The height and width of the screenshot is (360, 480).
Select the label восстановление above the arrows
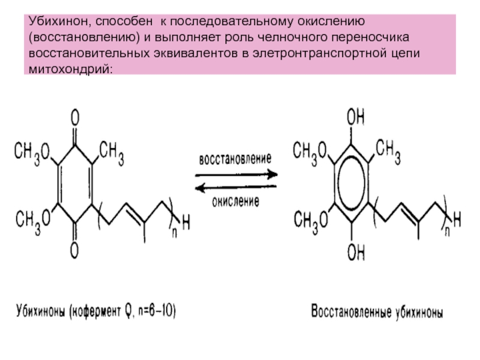tap(235, 160)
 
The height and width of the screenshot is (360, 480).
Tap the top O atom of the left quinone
tap(76, 115)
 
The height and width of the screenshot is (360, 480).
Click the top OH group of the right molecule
tap(356, 116)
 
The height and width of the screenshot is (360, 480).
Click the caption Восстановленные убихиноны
tap(377, 313)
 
